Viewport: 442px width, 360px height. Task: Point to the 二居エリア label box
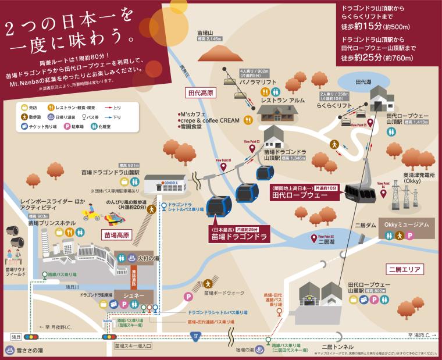click(406, 269)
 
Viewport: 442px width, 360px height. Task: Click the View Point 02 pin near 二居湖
click(314, 237)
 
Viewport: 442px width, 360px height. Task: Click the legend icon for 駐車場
click(66, 126)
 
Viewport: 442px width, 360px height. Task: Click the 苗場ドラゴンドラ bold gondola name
click(238, 237)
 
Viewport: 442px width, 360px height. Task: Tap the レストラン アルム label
click(283, 100)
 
